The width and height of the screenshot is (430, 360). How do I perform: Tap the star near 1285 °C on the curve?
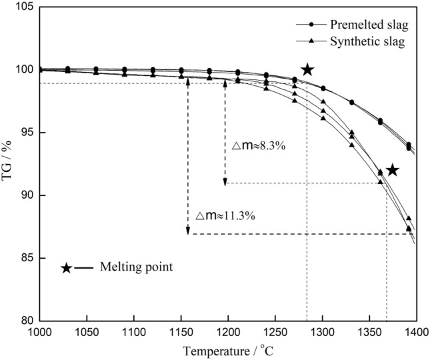tap(307, 69)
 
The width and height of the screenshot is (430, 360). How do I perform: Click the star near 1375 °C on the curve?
tap(393, 170)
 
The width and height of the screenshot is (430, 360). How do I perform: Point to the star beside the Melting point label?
tap(66, 268)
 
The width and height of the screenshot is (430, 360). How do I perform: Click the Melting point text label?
tap(137, 267)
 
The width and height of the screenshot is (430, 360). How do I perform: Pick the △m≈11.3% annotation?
tap(226, 216)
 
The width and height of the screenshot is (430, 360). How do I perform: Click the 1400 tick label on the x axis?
tap(416, 331)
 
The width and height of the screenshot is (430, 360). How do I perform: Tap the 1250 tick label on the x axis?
tap(275, 331)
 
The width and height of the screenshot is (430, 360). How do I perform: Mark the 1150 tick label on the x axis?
tap(181, 331)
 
